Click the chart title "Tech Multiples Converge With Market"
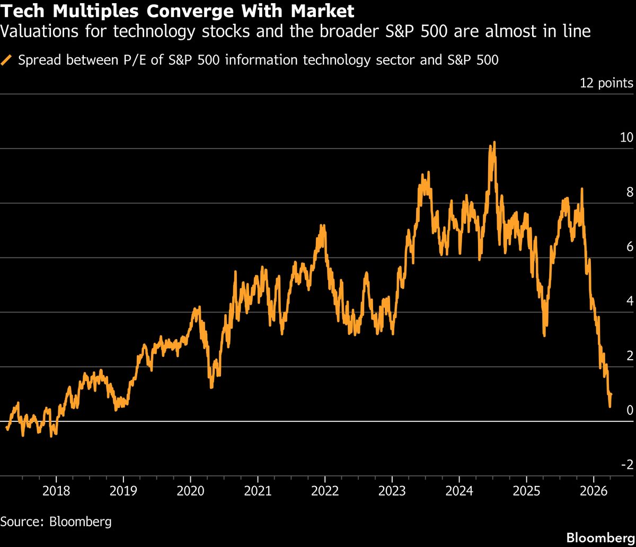coord(178,11)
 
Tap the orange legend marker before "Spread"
coord(7,60)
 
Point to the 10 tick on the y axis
coord(626,137)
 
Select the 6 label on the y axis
coord(630,247)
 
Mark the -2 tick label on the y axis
coord(627,465)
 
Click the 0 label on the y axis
coord(630,410)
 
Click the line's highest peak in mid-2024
coord(494,142)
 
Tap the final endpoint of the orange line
coord(611,394)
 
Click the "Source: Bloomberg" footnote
coord(56,521)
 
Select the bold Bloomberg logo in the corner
coord(600,537)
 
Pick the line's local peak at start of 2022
coord(322,225)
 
